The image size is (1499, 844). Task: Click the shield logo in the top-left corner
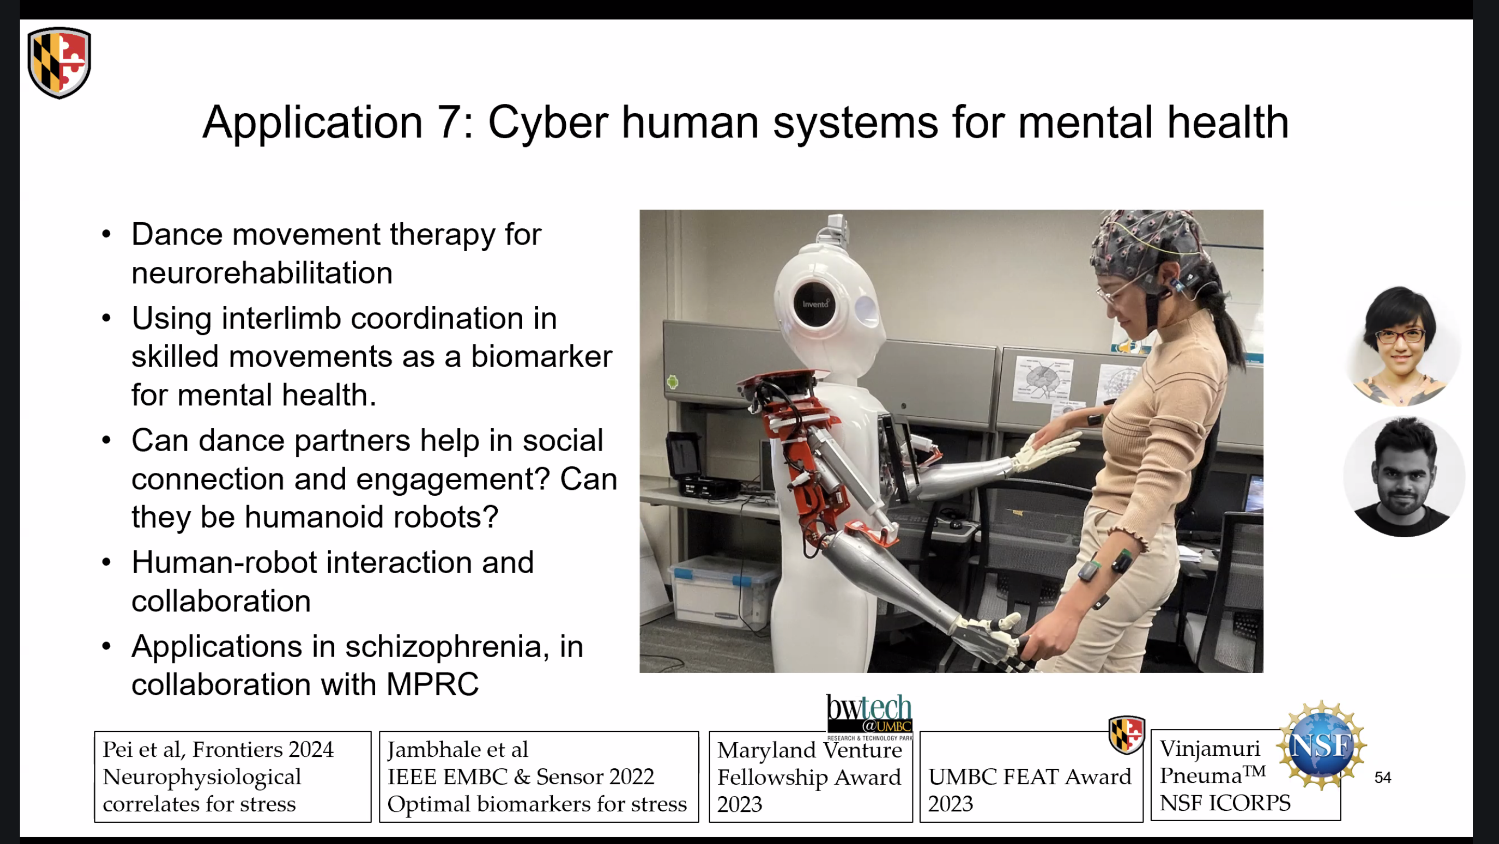coord(59,62)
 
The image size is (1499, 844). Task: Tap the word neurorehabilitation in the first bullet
coord(262,273)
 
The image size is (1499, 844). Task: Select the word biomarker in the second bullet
coord(541,356)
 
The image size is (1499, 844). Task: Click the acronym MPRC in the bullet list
coord(432,684)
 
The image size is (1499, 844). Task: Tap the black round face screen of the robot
coord(814,304)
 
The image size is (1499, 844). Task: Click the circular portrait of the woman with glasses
coord(1402,346)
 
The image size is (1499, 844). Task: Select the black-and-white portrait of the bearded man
coord(1403,476)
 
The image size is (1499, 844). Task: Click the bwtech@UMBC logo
coord(869,716)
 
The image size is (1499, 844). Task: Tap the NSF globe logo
coord(1321,745)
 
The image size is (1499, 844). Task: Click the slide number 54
coord(1383,778)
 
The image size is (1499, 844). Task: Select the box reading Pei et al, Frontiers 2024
coord(233,777)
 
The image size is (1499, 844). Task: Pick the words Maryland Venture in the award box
coord(809,750)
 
